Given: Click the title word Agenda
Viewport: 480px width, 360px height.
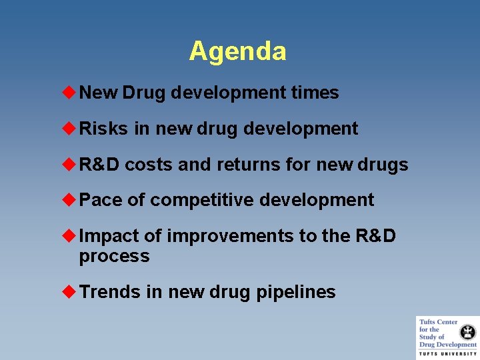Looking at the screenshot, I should pos(237,51).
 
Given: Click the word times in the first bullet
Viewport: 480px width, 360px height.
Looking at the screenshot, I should pos(315,93).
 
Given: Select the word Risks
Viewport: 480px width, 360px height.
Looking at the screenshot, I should pos(103,129).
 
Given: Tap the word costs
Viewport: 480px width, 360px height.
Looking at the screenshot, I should pos(149,165).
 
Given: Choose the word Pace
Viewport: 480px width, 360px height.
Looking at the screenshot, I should pos(100,200).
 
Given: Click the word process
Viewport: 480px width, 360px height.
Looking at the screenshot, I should pos(114,257).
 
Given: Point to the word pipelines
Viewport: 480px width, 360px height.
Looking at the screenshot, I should pos(296,292).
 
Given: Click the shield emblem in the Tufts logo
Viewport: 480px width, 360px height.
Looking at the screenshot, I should pos(469,331).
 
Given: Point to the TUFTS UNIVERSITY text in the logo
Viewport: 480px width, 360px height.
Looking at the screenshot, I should pos(448,353).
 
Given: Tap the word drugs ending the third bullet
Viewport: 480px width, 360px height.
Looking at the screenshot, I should pos(384,165).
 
